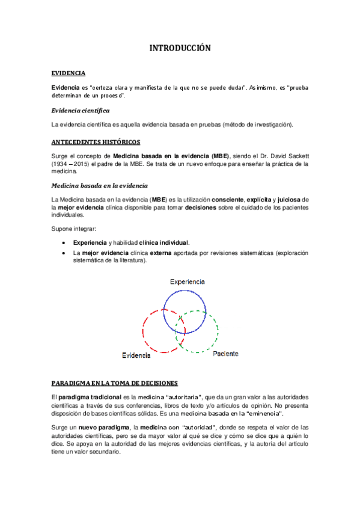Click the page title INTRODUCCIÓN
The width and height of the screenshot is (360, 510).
coord(180,48)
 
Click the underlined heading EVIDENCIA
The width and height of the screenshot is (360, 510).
coord(68,73)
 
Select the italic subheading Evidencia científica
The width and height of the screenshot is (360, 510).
coord(80,111)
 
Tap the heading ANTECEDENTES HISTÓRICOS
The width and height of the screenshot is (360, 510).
coord(96,142)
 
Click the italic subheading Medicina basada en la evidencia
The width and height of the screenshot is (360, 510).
coord(99,185)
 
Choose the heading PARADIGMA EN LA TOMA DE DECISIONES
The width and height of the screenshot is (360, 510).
coord(114,382)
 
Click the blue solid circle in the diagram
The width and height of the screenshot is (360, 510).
coord(186,290)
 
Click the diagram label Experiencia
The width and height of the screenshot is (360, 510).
coord(188,281)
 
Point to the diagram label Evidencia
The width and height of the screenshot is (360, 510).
coord(136,355)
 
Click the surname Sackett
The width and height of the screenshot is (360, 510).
coord(295,156)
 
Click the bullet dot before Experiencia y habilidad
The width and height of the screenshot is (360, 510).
coord(64,242)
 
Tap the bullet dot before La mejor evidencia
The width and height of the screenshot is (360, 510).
coord(64,253)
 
